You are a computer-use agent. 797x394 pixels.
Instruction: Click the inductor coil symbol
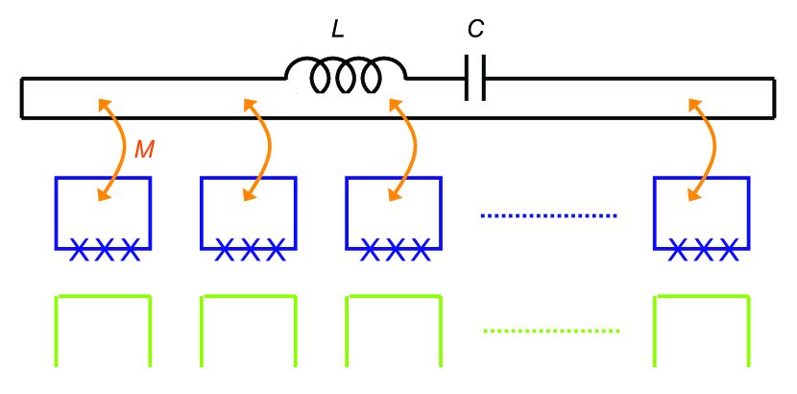click(346, 75)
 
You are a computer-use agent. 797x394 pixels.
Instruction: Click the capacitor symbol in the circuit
click(474, 77)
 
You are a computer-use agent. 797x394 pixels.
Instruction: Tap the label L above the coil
click(336, 30)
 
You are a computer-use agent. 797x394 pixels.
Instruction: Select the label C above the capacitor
click(475, 30)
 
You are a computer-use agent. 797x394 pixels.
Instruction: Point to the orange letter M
click(144, 149)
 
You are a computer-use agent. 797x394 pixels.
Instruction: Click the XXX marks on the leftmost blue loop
click(104, 251)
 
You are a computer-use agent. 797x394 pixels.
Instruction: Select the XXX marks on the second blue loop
click(250, 251)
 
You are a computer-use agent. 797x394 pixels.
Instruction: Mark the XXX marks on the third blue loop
click(395, 251)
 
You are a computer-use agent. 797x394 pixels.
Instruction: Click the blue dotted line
click(547, 216)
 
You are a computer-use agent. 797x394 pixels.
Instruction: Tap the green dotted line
click(551, 332)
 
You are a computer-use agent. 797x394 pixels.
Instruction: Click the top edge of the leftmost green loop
click(104, 298)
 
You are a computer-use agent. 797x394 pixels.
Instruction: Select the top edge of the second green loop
click(249, 298)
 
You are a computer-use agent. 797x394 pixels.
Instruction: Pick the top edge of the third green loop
click(394, 298)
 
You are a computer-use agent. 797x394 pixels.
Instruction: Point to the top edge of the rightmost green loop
click(702, 298)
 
